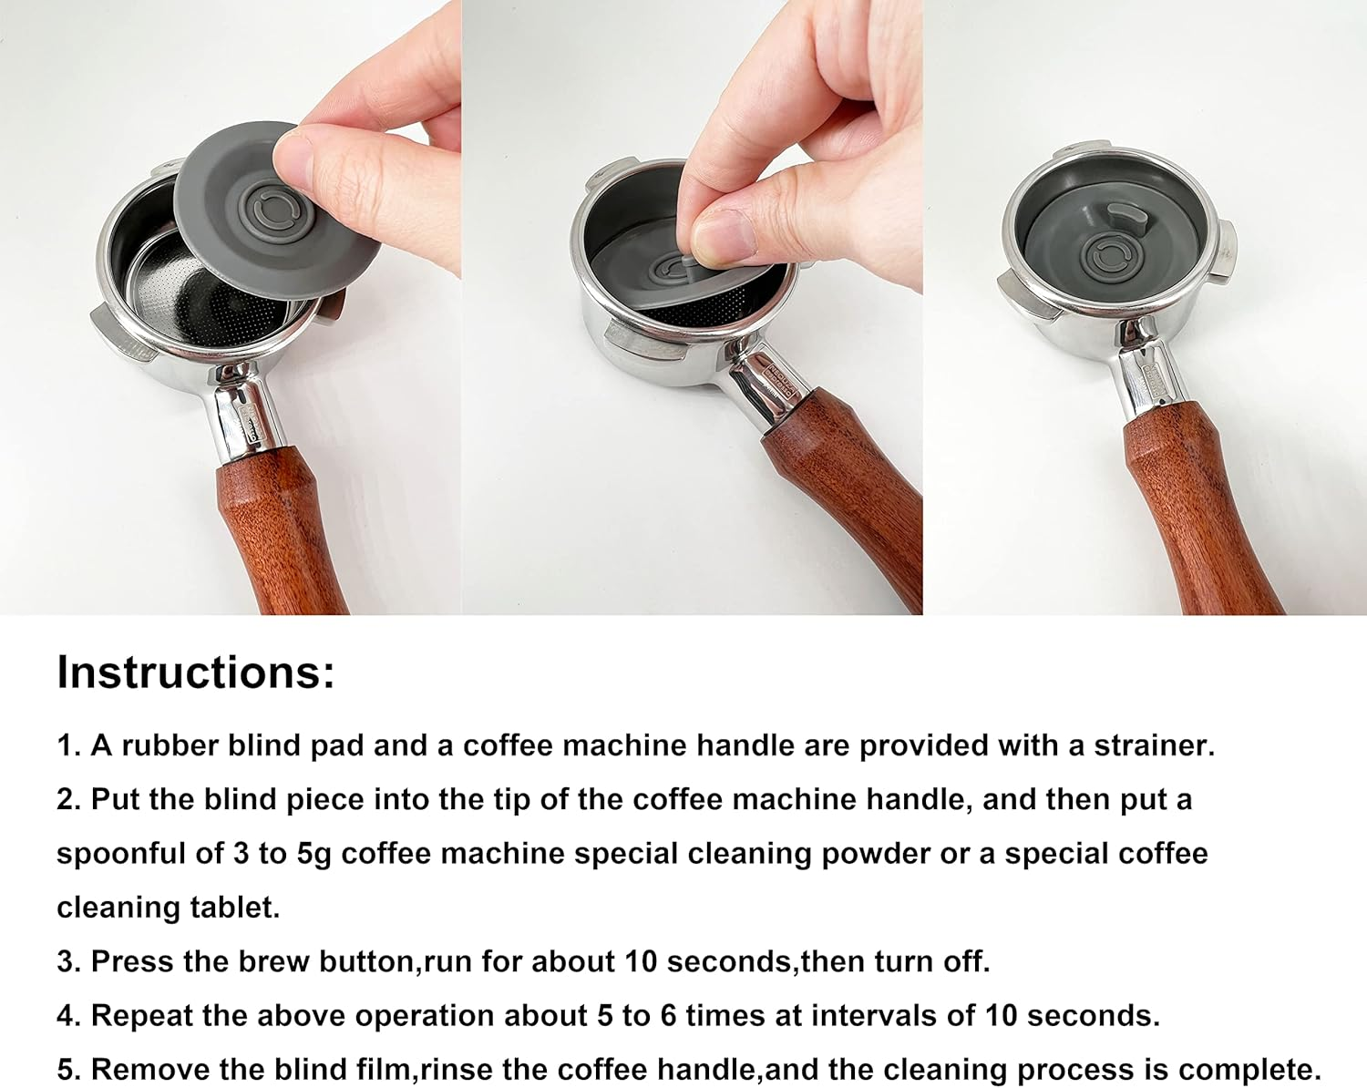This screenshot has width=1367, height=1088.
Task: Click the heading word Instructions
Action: click(x=195, y=672)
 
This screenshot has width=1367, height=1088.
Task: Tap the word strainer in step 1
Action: click(x=1154, y=745)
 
